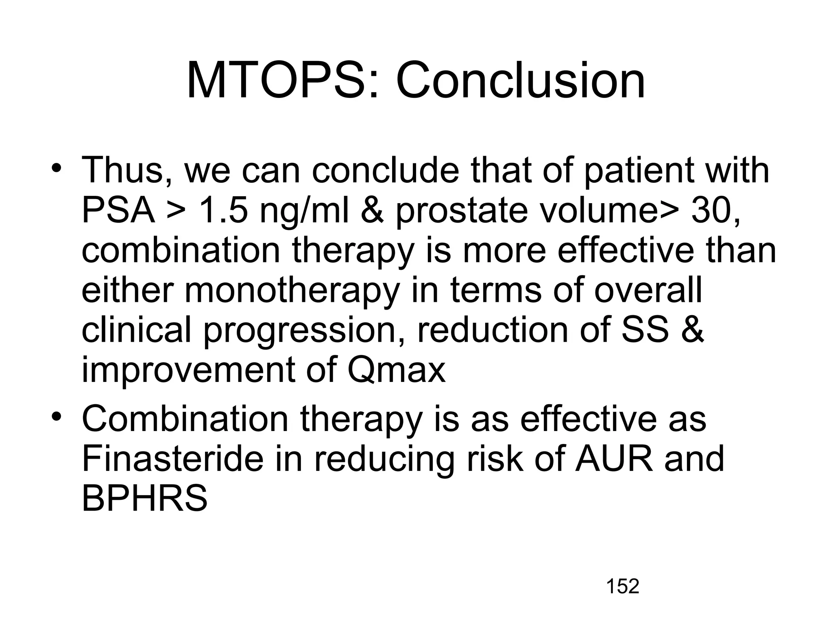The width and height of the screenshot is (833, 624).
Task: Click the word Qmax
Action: pos(397,370)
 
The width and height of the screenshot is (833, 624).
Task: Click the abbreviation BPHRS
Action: pos(145,498)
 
